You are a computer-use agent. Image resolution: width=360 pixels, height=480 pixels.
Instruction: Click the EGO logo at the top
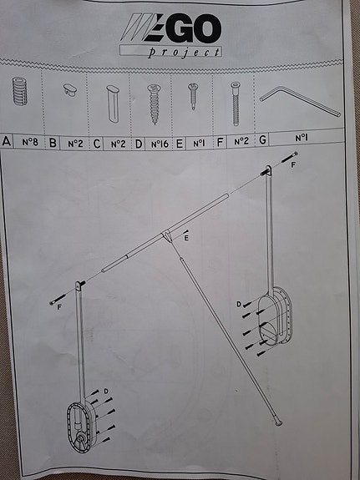coord(171,31)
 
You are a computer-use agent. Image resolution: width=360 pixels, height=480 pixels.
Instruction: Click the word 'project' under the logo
coord(185,52)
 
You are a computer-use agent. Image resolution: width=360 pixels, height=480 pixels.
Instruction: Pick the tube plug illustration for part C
coord(112,98)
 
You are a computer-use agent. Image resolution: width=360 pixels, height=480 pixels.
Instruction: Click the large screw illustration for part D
coord(154,99)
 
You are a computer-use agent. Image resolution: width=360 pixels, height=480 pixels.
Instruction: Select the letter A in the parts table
coord(8,143)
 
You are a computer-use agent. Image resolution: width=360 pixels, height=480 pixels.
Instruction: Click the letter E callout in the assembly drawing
coord(186,239)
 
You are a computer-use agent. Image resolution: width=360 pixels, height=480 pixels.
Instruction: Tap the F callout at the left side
coord(61,307)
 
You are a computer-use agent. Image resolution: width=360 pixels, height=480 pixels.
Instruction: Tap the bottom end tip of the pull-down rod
coord(278,423)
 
